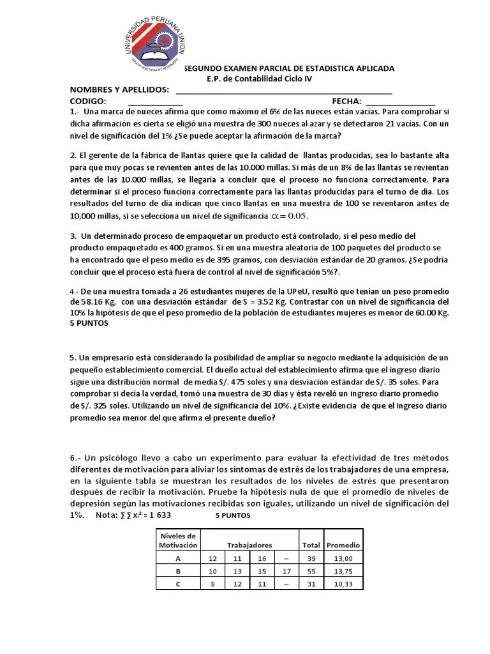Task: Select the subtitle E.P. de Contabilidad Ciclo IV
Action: [260, 79]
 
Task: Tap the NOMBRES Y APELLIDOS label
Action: [119, 89]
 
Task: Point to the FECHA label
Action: [346, 101]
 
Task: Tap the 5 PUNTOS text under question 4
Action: [89, 323]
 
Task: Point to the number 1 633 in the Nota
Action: [156, 515]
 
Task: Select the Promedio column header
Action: [343, 545]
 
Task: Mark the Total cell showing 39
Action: [311, 558]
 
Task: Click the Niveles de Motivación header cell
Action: [179, 540]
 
